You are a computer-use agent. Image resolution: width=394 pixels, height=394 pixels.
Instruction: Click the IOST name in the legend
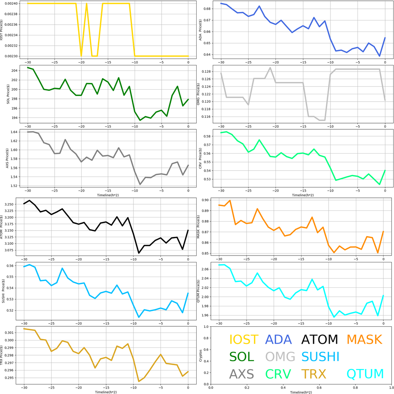(x=244, y=340)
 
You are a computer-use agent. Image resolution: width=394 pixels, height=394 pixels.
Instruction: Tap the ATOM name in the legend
(x=319, y=340)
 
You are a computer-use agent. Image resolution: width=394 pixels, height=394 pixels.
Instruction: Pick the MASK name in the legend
(x=364, y=340)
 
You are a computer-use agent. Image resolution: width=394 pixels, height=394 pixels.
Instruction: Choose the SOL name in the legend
(x=242, y=357)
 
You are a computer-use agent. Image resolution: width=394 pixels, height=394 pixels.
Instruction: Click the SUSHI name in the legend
(x=321, y=357)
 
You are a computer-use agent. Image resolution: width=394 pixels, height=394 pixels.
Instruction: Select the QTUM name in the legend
(x=365, y=374)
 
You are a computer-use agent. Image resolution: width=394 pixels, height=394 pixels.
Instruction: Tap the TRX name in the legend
(x=314, y=374)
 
